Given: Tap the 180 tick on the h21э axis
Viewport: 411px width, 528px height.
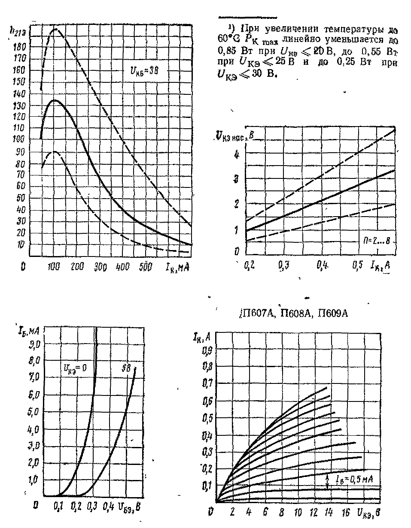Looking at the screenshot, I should (20, 45).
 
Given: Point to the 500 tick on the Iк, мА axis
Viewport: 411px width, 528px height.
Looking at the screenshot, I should (148, 266).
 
